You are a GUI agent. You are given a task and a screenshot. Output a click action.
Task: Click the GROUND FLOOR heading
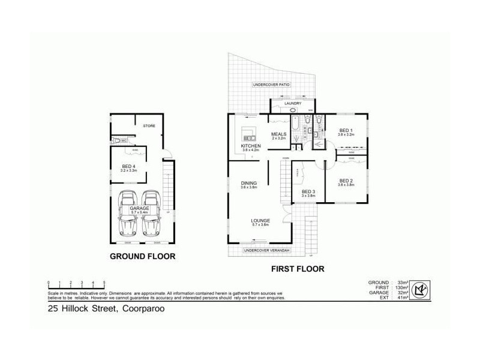(x=142, y=256)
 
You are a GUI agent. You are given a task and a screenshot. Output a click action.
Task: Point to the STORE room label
(x=149, y=126)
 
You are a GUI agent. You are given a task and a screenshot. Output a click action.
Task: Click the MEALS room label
(x=279, y=134)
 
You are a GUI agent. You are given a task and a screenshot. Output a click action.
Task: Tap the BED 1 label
(x=346, y=131)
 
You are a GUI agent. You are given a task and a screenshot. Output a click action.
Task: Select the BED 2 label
(x=346, y=181)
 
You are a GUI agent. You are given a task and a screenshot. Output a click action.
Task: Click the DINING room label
(x=249, y=184)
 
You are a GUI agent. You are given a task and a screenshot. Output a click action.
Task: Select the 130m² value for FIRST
(x=401, y=287)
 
